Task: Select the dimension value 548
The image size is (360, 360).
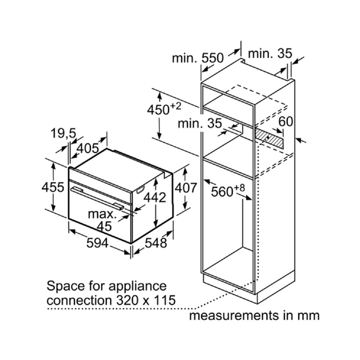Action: pyautogui.click(x=156, y=243)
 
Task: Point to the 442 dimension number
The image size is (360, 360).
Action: pyautogui.click(x=155, y=197)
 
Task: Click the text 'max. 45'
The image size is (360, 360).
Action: pyautogui.click(x=102, y=220)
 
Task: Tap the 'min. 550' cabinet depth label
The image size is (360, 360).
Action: pyautogui.click(x=198, y=58)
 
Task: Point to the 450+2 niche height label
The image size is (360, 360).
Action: pyautogui.click(x=163, y=109)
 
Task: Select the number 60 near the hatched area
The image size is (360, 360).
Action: pyautogui.click(x=286, y=122)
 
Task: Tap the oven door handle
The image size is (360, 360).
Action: pyautogui.click(x=97, y=198)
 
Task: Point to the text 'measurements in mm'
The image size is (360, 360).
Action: pyautogui.click(x=254, y=316)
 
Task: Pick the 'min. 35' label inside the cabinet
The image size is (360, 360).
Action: pyautogui.click(x=200, y=123)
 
